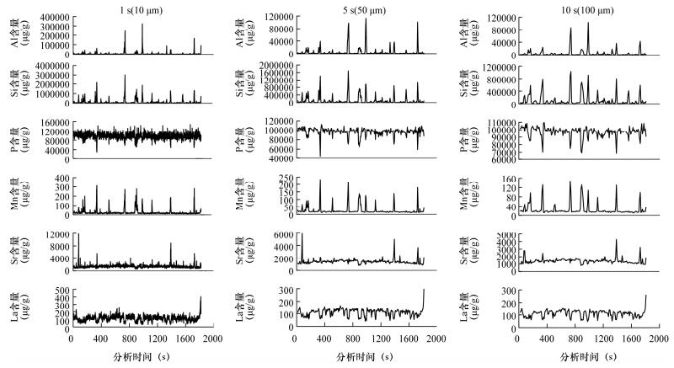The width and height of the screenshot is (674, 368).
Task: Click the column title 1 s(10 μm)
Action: pos(136,8)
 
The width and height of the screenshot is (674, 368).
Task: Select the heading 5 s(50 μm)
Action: pos(358,8)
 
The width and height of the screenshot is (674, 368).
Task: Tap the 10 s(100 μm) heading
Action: pos(581,8)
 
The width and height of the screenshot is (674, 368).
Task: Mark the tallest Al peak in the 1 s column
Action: pos(142,24)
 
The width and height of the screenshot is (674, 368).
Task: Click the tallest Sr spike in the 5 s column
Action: pos(302,235)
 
